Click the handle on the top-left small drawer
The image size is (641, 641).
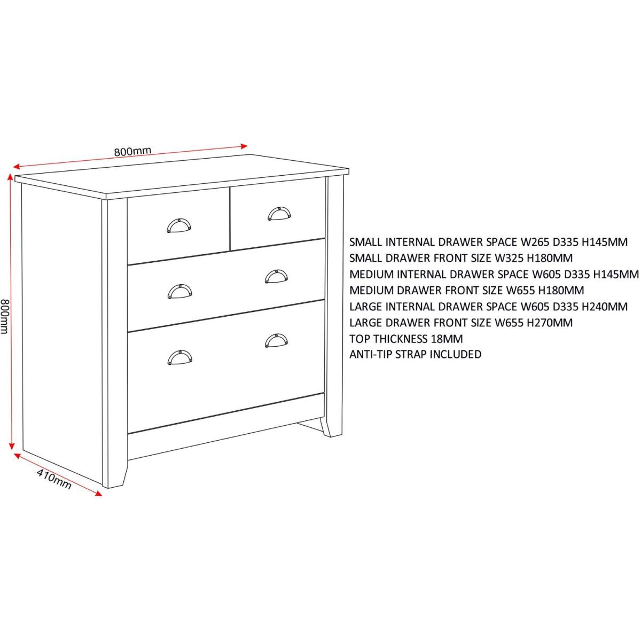(178, 225)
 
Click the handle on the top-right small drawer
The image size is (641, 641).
(279, 213)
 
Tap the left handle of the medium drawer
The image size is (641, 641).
(180, 292)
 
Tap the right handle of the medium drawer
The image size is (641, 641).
(276, 276)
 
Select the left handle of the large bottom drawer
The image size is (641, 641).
(180, 357)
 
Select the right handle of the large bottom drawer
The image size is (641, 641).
(276, 340)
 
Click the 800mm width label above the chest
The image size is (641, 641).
(132, 151)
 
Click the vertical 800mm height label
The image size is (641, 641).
(5, 316)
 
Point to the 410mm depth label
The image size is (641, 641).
(53, 479)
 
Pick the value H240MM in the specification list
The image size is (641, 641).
(604, 307)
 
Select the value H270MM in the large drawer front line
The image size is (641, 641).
(550, 322)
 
